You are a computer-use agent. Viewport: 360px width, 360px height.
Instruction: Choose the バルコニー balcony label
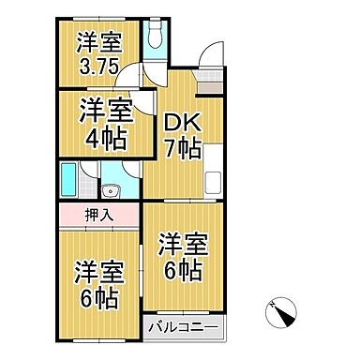(185, 330)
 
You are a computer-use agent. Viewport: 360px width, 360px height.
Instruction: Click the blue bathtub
(68, 177)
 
